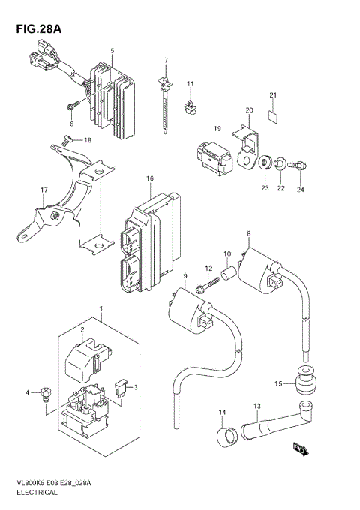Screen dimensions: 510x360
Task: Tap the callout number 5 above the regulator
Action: coord(112,52)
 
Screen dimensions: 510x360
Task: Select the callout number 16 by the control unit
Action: coord(150,178)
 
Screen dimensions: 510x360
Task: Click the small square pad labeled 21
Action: coord(273,115)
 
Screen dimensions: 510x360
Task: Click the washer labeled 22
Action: coord(280,161)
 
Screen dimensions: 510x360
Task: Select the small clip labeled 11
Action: coord(191,106)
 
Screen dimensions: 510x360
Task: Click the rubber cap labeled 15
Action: coord(304,384)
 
